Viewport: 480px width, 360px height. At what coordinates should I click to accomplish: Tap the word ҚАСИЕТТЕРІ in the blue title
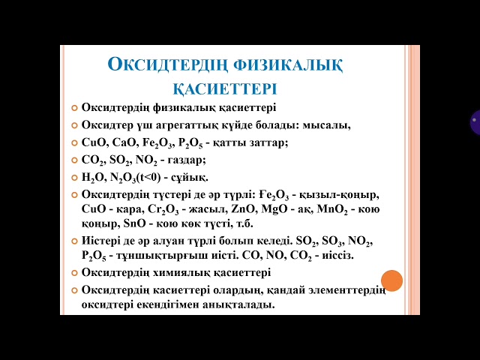(225, 88)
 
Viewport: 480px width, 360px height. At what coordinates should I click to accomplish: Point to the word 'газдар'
(187, 160)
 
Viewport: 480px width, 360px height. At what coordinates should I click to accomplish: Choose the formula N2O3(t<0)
(135, 178)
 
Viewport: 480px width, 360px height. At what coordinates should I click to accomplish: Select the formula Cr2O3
(163, 210)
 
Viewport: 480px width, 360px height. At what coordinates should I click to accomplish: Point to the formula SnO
(135, 223)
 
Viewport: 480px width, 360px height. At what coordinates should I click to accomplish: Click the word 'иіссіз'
(337, 255)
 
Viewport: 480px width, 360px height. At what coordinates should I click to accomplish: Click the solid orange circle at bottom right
(391, 280)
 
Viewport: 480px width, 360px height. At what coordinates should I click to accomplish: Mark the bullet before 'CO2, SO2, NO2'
(74, 160)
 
